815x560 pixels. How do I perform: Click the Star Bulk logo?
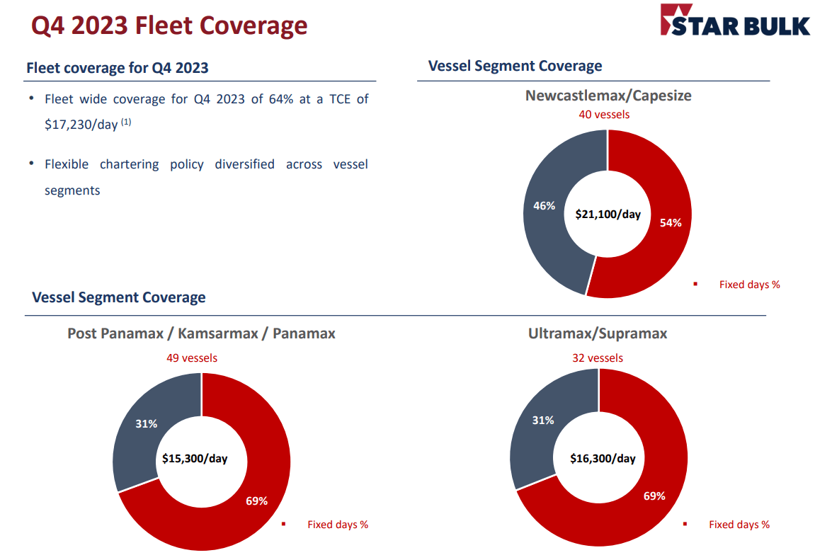(734, 21)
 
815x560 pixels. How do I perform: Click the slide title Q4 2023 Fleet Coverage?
(170, 25)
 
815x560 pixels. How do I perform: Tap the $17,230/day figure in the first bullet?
(81, 124)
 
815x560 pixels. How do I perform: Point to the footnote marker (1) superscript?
(126, 122)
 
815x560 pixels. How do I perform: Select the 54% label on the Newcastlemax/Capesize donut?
(670, 222)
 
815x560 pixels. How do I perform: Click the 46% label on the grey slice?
(544, 206)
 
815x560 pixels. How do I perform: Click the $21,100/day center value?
(608, 213)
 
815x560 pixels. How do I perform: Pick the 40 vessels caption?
(604, 114)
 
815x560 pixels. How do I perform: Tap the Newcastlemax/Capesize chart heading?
(608, 95)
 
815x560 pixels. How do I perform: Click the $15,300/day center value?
(195, 458)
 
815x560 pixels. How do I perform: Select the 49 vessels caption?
(192, 358)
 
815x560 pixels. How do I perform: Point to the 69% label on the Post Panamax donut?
(256, 501)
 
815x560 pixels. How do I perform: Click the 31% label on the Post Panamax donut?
(146, 423)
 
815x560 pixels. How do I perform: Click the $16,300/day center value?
(603, 458)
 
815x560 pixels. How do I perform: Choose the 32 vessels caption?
(598, 358)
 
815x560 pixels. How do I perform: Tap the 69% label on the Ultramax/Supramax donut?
(654, 496)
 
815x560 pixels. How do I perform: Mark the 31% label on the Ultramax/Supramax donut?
(543, 420)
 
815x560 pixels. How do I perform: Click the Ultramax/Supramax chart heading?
(598, 333)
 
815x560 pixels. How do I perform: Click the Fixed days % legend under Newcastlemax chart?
(749, 285)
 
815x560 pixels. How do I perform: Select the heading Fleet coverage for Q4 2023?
(118, 68)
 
